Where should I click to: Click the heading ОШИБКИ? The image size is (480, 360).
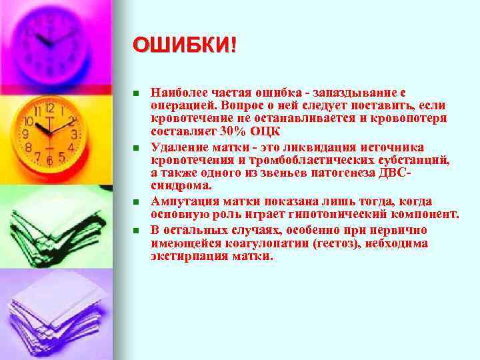(x=183, y=46)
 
